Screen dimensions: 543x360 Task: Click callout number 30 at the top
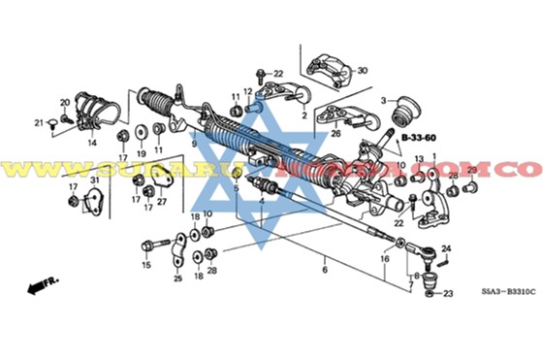tap(363, 71)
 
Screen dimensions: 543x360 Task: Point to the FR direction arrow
tap(43, 284)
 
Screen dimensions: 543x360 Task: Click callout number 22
tap(279, 75)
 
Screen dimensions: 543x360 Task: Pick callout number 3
tap(384, 99)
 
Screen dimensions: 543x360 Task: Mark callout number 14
tap(92, 143)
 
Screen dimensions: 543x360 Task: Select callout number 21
tap(40, 123)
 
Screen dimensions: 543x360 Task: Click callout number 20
tap(65, 103)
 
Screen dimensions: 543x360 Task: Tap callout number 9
tap(193, 144)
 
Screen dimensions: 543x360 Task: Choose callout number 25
tap(177, 278)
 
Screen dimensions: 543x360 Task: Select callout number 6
tap(326, 270)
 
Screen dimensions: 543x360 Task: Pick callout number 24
tap(446, 248)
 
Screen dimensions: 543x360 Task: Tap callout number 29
tap(473, 170)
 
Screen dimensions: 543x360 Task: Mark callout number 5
tap(235, 188)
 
